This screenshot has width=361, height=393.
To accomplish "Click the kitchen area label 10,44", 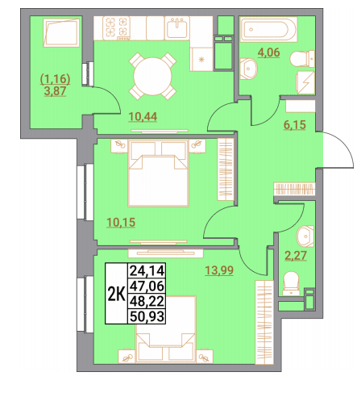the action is point(143,117).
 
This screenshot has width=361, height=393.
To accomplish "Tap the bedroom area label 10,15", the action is point(121,223).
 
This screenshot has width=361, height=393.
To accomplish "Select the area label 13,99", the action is point(219,270).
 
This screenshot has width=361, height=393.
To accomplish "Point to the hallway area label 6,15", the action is point(295,125).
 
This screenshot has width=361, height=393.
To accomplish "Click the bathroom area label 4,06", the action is point(269,52).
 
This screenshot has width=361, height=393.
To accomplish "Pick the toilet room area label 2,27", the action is point(296,256).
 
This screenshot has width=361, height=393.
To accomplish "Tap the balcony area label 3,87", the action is point(55,91).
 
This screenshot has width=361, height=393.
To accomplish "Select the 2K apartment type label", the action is point(116,294).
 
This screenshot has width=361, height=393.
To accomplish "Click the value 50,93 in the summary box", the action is point(147,316).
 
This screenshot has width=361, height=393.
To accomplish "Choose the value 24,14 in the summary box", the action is point(147,270).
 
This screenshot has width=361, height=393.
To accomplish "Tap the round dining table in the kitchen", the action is point(152,77).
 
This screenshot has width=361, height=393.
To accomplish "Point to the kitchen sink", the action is point(177,27).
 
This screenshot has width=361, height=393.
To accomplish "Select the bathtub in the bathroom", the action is point(268,29).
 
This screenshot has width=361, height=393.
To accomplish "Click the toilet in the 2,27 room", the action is point(291,283).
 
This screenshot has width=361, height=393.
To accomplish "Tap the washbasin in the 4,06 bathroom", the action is point(248,69).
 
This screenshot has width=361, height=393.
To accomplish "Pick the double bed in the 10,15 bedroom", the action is point(158,173).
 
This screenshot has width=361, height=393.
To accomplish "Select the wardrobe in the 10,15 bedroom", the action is point(226,169).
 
